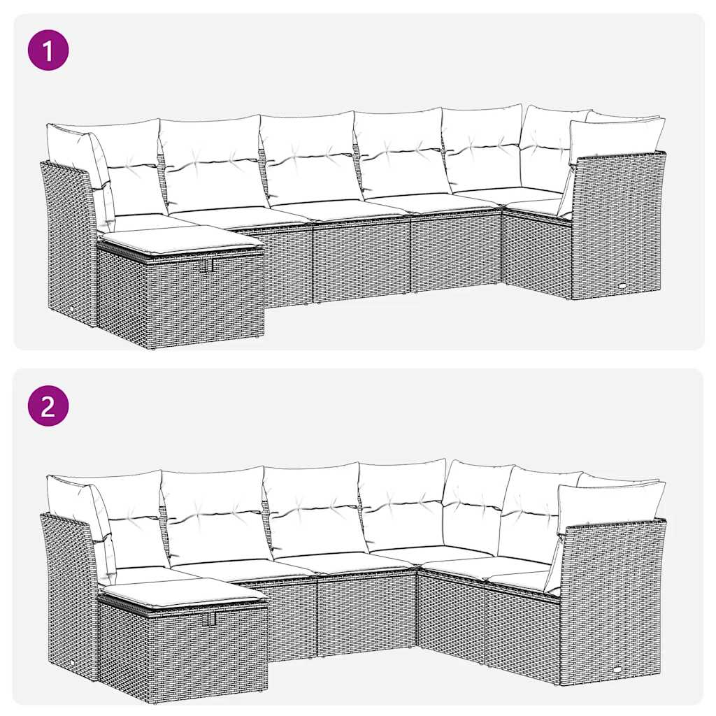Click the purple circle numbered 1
point(48,50)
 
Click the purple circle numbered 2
point(48,406)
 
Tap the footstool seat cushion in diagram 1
point(180,241)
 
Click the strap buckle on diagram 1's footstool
point(208,266)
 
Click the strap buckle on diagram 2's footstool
point(211,619)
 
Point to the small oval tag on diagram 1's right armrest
point(623,285)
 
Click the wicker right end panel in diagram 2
point(612,603)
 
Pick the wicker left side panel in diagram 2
point(68,589)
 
